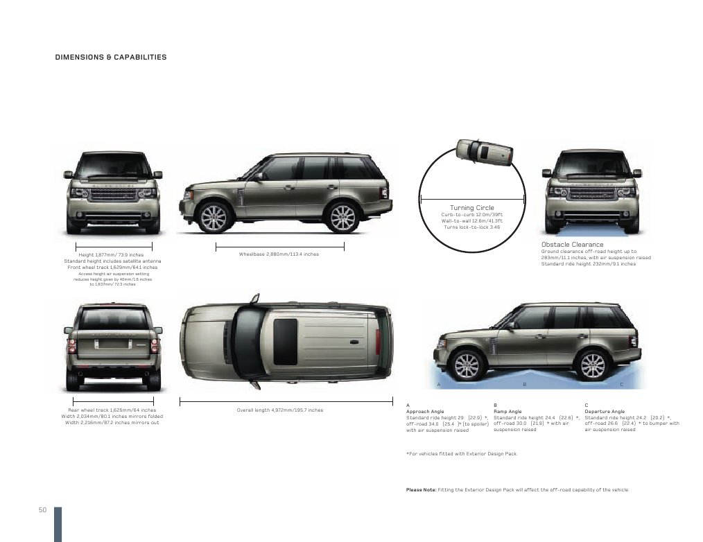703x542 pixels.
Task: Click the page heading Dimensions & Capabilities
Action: point(111,57)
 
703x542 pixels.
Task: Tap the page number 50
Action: point(42,511)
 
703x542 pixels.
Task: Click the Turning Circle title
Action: point(472,208)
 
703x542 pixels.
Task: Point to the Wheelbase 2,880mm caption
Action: point(279,254)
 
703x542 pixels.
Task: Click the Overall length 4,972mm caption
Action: point(279,410)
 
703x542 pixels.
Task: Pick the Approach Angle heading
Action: point(425,411)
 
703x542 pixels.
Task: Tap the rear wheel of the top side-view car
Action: point(342,217)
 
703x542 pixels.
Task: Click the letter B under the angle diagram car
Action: point(524,384)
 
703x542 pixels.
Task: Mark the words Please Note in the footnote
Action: point(421,490)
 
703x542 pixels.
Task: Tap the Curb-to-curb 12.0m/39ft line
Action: point(471,215)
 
